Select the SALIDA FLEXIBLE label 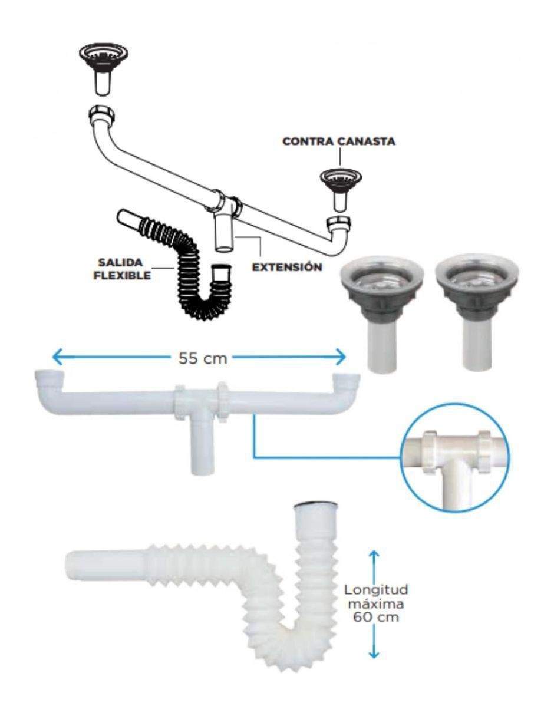pos(122,269)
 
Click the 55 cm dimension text pos(203,358)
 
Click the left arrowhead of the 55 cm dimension pos(58,357)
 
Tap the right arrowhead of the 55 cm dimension pos(341,357)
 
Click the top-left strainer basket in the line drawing pos(103,68)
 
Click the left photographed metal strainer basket pos(381,311)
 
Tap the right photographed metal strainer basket pos(477,311)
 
